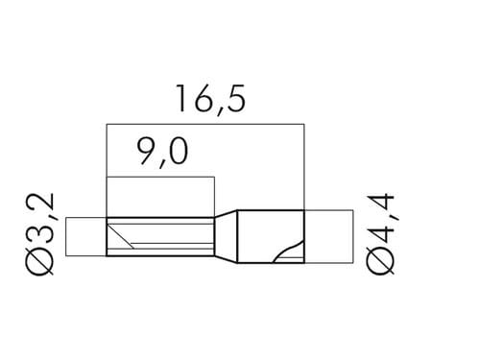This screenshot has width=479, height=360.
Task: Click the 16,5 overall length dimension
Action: [x=211, y=99]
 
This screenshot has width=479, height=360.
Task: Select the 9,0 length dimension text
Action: [x=162, y=153]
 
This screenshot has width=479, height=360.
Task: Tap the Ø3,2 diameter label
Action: [x=40, y=234]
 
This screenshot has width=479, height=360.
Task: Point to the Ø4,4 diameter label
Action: [x=381, y=234]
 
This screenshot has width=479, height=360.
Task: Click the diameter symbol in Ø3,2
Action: [x=40, y=262]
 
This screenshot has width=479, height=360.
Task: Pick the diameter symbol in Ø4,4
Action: [x=381, y=262]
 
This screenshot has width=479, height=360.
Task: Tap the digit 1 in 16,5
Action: [x=181, y=98]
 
